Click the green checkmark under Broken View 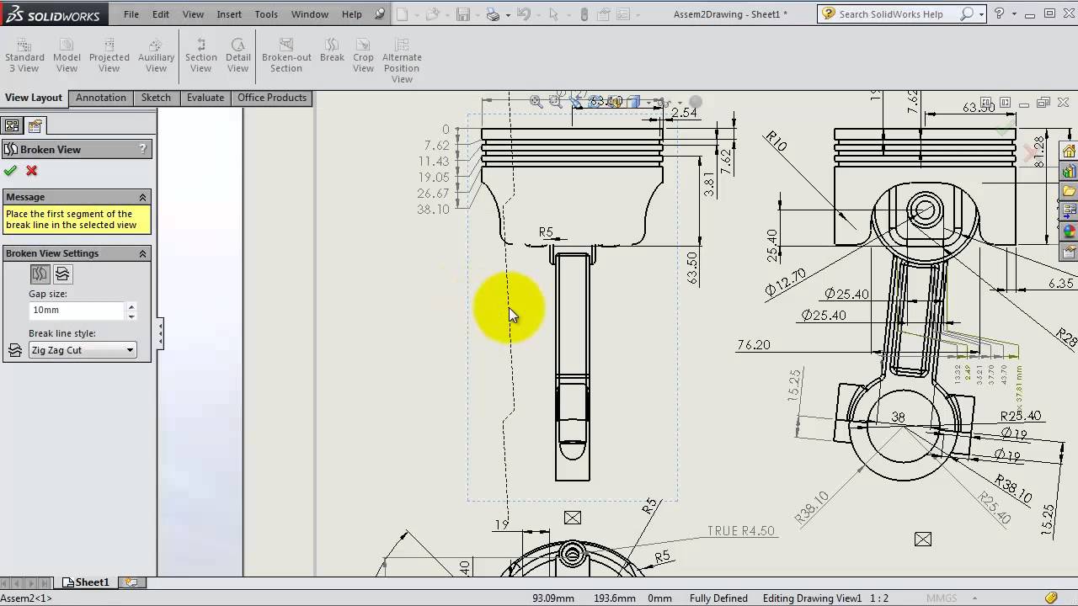pyautogui.click(x=10, y=171)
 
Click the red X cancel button pyautogui.click(x=32, y=171)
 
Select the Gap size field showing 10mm pyautogui.click(x=76, y=310)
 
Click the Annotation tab pyautogui.click(x=100, y=98)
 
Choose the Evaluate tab pyautogui.click(x=205, y=98)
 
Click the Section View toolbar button pyautogui.click(x=200, y=56)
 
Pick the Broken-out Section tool pyautogui.click(x=286, y=56)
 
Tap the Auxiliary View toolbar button pyautogui.click(x=156, y=56)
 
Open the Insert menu pyautogui.click(x=229, y=14)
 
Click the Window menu pyautogui.click(x=309, y=14)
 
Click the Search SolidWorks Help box pyautogui.click(x=896, y=14)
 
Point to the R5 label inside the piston pyautogui.click(x=546, y=232)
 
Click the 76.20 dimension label pyautogui.click(x=753, y=344)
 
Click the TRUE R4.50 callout pyautogui.click(x=740, y=531)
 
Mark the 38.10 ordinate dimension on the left pyautogui.click(x=433, y=210)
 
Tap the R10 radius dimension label pyautogui.click(x=776, y=141)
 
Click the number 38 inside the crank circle pyautogui.click(x=898, y=417)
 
